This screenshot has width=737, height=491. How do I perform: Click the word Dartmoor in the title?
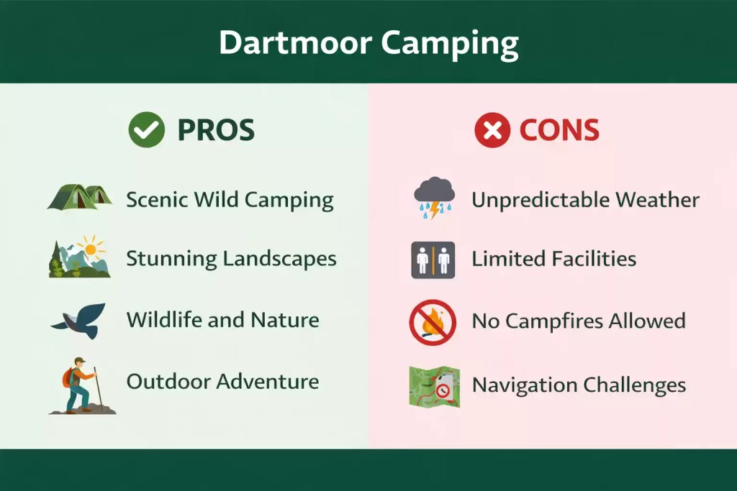click(x=295, y=42)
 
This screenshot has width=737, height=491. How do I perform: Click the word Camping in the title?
click(x=450, y=45)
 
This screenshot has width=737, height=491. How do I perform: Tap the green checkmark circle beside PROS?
click(x=147, y=129)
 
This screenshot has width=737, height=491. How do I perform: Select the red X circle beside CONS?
click(x=492, y=130)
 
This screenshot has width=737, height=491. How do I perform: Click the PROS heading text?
click(x=216, y=130)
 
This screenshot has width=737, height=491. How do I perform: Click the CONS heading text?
click(x=559, y=130)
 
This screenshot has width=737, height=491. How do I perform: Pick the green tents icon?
click(x=79, y=197)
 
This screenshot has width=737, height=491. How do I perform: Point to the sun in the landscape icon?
click(x=90, y=249)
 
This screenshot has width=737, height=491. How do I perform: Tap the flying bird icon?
click(x=79, y=321)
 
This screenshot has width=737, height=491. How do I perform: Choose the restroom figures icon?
click(x=433, y=260)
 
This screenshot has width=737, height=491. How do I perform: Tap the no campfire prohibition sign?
click(x=433, y=323)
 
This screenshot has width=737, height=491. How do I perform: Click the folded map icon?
click(x=434, y=386)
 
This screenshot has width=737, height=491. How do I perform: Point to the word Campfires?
click(x=555, y=321)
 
